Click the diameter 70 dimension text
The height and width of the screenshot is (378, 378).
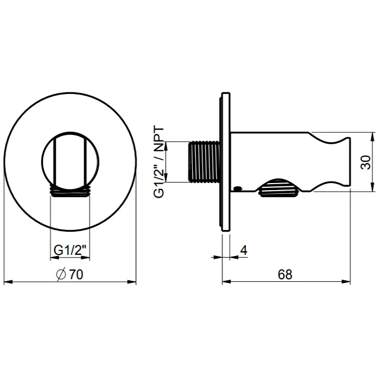point(70,274)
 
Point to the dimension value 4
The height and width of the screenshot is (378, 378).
point(244,250)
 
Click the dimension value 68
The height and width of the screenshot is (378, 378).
point(285,274)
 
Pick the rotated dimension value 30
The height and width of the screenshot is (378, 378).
point(366,163)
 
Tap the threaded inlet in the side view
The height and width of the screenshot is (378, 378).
point(204,161)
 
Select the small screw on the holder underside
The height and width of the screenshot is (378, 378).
point(238,188)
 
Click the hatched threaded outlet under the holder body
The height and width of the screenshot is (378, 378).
point(279,187)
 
